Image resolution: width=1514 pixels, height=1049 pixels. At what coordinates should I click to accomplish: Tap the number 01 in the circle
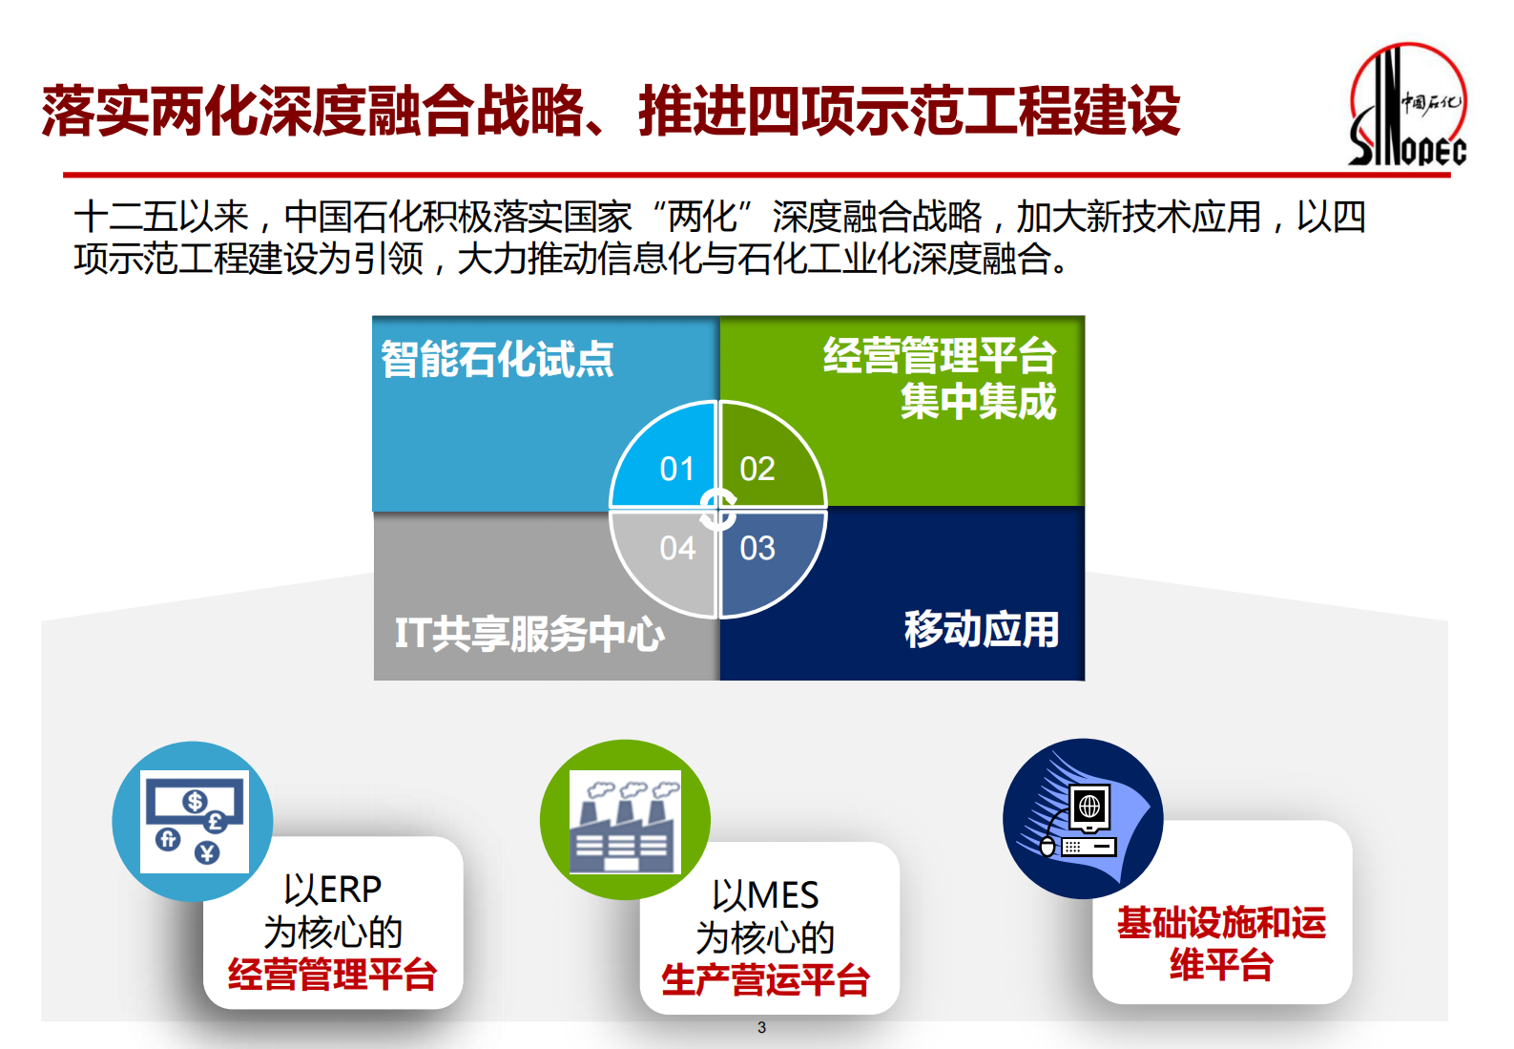tap(677, 469)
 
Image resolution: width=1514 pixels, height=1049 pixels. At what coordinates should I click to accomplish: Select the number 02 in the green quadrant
tap(757, 469)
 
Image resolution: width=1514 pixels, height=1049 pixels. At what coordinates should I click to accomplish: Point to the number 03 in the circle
tap(757, 548)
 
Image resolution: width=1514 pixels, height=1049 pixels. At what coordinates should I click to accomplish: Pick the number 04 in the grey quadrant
tap(677, 548)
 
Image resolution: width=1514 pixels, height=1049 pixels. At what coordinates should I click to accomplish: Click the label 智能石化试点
tap(497, 359)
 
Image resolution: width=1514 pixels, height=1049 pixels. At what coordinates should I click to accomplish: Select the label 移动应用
tap(982, 629)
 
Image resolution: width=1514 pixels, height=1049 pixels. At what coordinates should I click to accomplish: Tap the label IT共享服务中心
tap(529, 634)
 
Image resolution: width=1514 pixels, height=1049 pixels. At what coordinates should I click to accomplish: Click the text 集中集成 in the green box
tap(979, 401)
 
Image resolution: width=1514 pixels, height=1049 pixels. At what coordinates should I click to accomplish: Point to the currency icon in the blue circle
tap(195, 821)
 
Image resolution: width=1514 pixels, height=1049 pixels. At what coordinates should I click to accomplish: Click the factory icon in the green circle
tap(625, 821)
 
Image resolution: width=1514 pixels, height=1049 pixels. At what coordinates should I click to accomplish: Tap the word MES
tap(785, 895)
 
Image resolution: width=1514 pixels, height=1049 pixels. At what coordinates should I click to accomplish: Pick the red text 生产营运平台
tap(765, 980)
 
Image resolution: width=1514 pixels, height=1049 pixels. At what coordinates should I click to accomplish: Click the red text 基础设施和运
tap(1221, 923)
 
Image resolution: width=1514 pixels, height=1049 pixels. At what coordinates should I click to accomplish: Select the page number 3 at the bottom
tap(761, 1028)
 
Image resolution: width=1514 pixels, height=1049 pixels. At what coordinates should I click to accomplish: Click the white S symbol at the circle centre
tap(717, 509)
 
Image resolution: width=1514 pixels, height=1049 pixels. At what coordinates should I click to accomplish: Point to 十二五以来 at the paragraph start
tap(162, 217)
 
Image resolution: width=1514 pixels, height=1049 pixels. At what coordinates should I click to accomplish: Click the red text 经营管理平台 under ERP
tap(332, 975)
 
